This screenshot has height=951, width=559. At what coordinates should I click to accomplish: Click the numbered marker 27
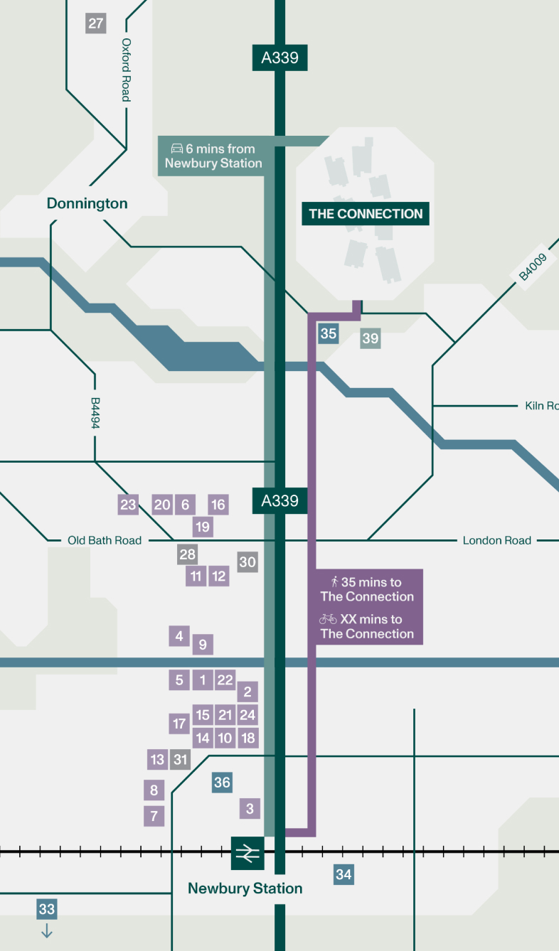coord(96,23)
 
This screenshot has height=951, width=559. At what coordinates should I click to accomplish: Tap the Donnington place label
coord(87,203)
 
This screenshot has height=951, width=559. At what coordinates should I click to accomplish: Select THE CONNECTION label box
coord(366,214)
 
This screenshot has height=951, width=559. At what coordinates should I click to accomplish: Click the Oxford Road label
coord(127,70)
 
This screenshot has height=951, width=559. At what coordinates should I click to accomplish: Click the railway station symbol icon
coord(247,853)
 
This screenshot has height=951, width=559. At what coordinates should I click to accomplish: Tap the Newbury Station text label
coord(245,888)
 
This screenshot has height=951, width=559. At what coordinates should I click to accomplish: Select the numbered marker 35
coord(328,333)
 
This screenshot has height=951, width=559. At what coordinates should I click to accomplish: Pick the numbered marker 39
coord(371,338)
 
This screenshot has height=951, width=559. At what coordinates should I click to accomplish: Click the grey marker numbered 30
coord(247,562)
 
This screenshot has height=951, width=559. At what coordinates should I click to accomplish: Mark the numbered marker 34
coord(344,874)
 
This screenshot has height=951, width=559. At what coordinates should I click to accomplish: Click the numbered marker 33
coord(47,909)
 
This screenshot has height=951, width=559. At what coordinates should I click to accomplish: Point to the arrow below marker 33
coord(47,930)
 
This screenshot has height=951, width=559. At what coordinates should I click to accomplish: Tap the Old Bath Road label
coord(105,540)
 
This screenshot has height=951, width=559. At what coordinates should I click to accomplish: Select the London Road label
coord(497,540)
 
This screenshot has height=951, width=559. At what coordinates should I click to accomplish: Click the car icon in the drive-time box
coord(176,149)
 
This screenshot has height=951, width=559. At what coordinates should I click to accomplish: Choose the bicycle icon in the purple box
coord(328,619)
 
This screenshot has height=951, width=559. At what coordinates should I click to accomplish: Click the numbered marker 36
coord(223,783)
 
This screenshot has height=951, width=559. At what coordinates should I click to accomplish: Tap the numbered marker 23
coord(128,505)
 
